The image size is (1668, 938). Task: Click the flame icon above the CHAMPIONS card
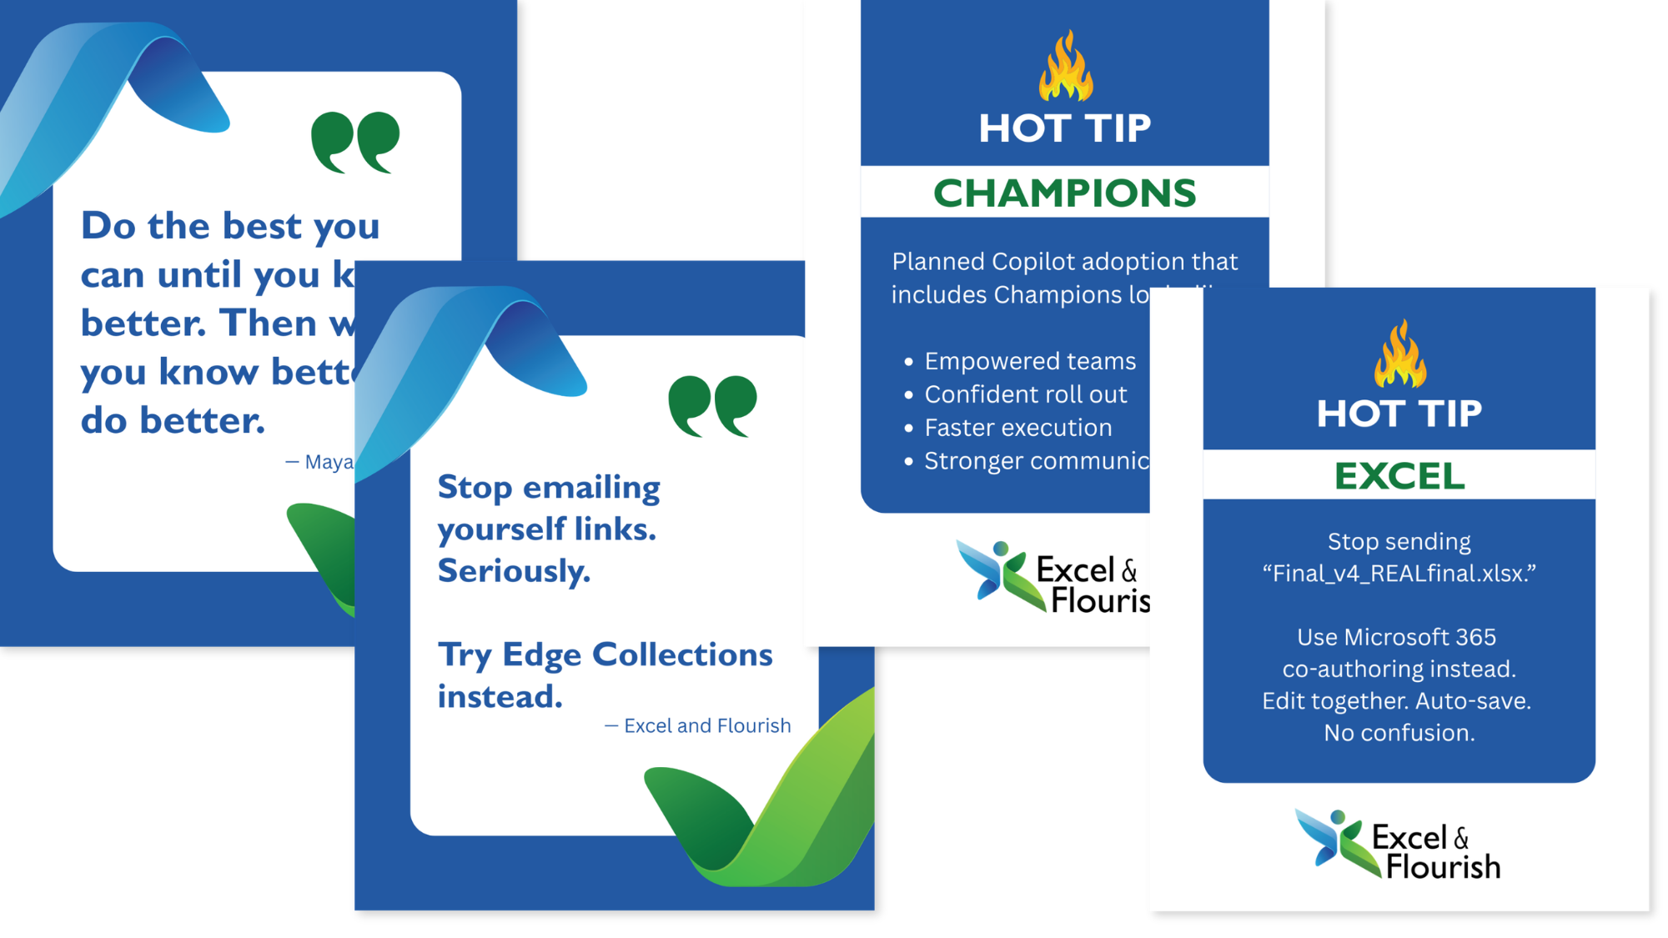click(1065, 67)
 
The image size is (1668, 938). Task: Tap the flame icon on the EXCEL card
click(1400, 354)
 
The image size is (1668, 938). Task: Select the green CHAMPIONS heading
click(1064, 193)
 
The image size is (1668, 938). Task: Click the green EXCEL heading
click(1399, 476)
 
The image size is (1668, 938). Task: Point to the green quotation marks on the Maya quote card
click(355, 142)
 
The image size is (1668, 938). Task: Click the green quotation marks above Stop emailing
click(712, 406)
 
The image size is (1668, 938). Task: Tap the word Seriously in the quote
click(514, 571)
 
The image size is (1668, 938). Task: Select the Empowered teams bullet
click(1030, 361)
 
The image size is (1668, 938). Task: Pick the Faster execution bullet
click(1017, 428)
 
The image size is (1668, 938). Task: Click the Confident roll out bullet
click(1026, 394)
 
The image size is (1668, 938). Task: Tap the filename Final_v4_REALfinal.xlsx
click(1399, 574)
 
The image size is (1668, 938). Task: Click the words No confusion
click(1399, 733)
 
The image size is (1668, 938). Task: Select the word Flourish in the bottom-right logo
click(1443, 867)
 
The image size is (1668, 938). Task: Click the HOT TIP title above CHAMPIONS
click(1065, 128)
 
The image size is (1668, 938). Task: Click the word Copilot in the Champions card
click(1030, 262)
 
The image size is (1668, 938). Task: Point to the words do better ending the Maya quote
click(173, 420)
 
